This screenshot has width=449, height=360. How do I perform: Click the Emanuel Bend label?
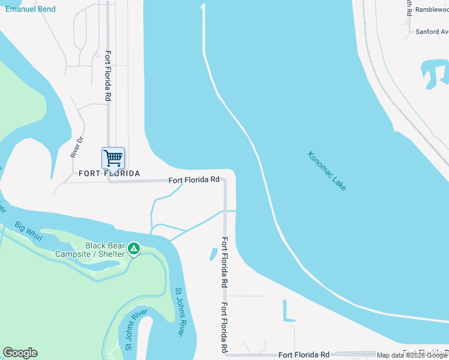coord(31,9)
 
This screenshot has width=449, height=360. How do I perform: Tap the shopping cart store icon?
coord(113,158)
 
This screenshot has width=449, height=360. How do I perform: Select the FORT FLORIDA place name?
coord(109,173)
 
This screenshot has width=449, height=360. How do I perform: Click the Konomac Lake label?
coord(327,171)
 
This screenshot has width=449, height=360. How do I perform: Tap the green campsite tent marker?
coord(134,248)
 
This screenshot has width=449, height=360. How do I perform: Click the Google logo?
coord(20,353)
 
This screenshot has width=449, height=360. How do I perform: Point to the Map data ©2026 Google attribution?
coord(412,355)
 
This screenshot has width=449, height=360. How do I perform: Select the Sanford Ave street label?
coord(432,32)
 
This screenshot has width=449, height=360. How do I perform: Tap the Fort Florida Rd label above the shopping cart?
coord(108,75)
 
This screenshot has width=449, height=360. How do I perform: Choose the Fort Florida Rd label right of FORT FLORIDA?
coord(194,179)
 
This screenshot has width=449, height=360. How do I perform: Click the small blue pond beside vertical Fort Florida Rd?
coord(213,254)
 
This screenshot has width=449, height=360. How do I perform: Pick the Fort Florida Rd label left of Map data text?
coord(304,355)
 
